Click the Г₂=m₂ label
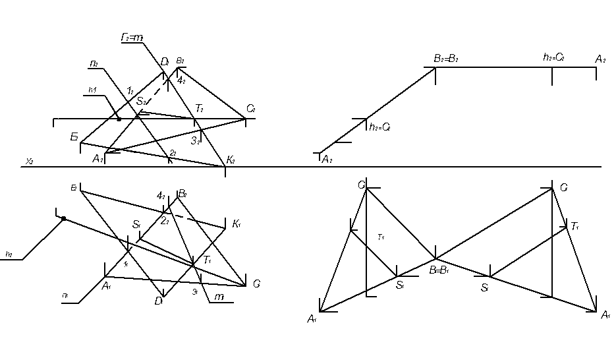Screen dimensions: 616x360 pyautogui.click(x=132, y=38)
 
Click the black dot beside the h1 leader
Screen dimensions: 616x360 pyautogui.click(x=119, y=119)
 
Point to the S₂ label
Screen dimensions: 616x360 pyautogui.click(x=141, y=102)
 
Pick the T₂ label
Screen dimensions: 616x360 pyautogui.click(x=198, y=108)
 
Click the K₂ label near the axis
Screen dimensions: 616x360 pyautogui.click(x=231, y=160)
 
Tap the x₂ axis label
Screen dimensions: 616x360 pyautogui.click(x=29, y=161)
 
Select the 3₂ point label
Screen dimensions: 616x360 pyautogui.click(x=195, y=140)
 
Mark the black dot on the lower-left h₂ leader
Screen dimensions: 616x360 pyautogui.click(x=63, y=218)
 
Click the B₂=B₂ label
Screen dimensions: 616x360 pyautogui.click(x=445, y=59)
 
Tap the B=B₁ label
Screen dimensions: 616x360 pyautogui.click(x=439, y=270)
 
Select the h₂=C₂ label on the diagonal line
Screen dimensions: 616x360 pyautogui.click(x=380, y=127)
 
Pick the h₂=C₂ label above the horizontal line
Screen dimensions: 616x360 pyautogui.click(x=553, y=58)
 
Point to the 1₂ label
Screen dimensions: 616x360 pyautogui.click(x=130, y=90)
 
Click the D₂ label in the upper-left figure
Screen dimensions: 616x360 pyautogui.click(x=165, y=62)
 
